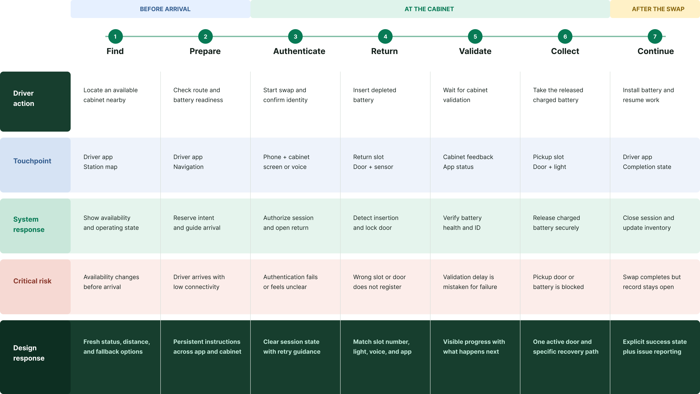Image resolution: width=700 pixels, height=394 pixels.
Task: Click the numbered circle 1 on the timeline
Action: point(115,36)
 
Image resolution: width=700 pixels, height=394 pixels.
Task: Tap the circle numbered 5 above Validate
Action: point(475,36)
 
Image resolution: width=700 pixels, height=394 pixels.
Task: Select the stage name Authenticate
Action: point(299,51)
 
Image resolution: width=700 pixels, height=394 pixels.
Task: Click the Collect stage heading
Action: point(565,51)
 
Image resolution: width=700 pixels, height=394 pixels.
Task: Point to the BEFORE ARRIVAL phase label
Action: point(165,9)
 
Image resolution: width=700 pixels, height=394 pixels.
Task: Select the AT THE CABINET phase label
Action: point(429,9)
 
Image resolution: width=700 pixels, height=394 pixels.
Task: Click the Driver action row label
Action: point(24,98)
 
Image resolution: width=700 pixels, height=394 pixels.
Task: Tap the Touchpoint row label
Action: point(32,161)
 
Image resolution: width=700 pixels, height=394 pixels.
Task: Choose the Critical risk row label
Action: point(32,281)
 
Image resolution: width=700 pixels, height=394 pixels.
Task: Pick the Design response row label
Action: point(29,353)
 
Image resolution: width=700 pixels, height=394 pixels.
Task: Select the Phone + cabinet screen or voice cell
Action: point(286,162)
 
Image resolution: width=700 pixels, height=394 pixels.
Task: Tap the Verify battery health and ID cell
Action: point(462,223)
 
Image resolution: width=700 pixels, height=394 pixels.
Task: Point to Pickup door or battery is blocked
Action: point(558,282)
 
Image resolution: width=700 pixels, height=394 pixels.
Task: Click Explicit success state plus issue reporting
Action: point(655,347)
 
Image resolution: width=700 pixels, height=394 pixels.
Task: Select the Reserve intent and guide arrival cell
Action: point(197,223)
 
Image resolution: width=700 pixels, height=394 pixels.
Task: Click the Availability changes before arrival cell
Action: point(111,282)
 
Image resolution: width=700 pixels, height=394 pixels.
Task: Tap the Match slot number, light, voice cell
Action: point(382,347)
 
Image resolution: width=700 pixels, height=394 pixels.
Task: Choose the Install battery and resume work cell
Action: point(648,95)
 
